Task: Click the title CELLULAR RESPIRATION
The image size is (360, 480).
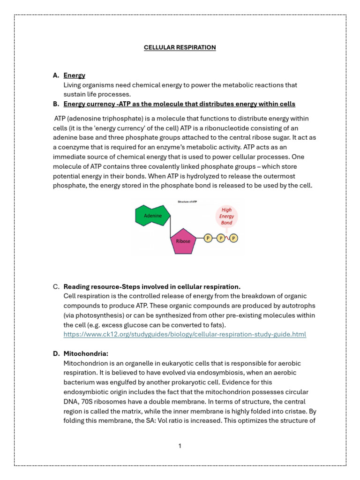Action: [180, 47]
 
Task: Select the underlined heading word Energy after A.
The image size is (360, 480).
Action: [74, 75]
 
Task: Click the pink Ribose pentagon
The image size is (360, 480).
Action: [183, 240]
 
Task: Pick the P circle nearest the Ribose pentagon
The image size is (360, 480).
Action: [208, 239]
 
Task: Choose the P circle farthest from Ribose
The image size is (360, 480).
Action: [234, 239]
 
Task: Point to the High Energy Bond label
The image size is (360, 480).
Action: [227, 217]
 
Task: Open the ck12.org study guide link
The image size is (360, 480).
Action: [185, 334]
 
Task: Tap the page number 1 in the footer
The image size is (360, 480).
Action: [180, 446]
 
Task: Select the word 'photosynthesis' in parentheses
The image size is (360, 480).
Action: [98, 315]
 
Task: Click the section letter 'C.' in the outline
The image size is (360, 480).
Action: [56, 286]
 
